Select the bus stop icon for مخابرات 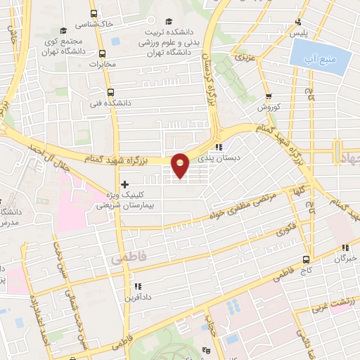tap(103, 53)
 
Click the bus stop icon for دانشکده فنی tap(109, 92)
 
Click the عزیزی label tap(243, 56)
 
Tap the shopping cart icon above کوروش tap(269, 97)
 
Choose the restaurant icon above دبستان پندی tap(219, 148)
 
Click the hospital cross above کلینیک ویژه tap(125, 184)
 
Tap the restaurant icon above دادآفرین tap(138, 287)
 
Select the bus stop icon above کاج tap(306, 259)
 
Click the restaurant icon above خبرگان tap(345, 247)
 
